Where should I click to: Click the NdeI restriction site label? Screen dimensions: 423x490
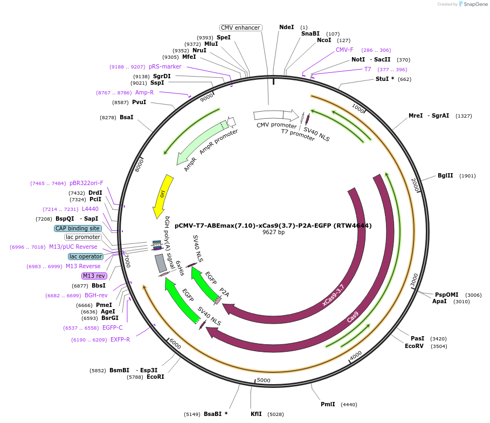coord(287,27)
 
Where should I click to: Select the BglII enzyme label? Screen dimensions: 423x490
coord(445,175)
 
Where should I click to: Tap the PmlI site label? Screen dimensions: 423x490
coord(328,404)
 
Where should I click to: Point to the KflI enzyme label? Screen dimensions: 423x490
coord(256,414)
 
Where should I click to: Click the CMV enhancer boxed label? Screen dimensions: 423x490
coord(240,28)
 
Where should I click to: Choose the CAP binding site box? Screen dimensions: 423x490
coord(78,228)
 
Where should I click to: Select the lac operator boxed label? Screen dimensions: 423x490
coord(86,256)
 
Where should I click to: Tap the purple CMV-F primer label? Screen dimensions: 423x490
coord(344,50)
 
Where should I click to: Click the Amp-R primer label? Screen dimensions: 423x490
coord(144,92)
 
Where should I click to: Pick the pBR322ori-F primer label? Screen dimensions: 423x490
coord(86,183)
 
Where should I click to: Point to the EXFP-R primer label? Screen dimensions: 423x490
coord(120,339)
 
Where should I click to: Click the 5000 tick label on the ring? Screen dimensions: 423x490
coord(264,380)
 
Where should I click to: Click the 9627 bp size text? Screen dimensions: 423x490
coord(273,233)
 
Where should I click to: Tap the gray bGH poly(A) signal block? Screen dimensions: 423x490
coord(161,263)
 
